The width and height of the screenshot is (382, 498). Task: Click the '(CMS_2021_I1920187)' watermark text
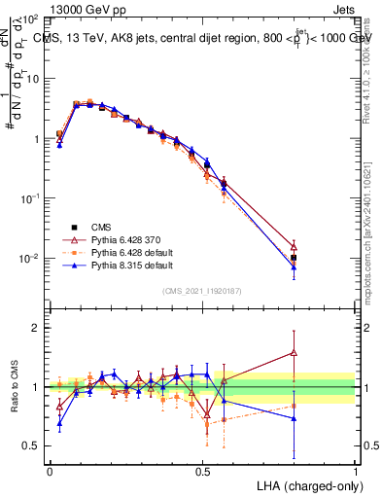click(202, 291)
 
